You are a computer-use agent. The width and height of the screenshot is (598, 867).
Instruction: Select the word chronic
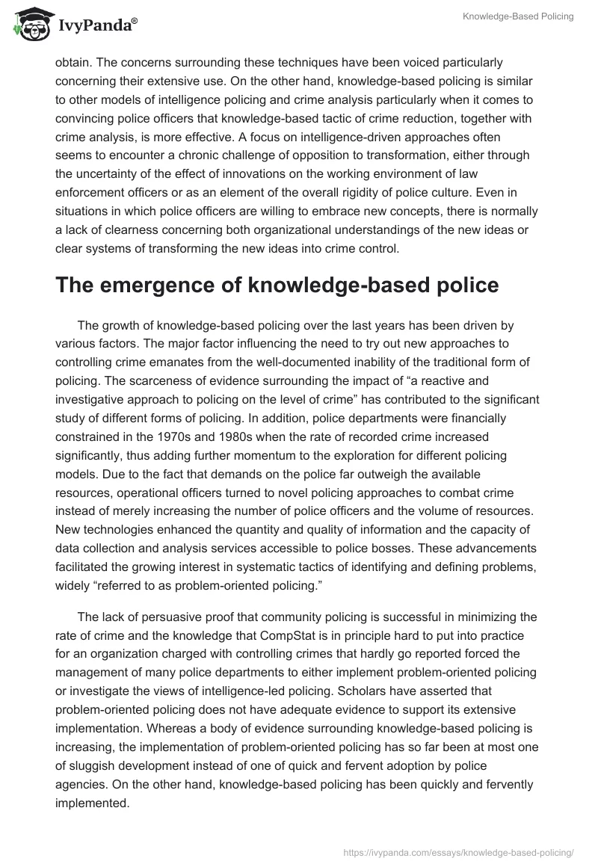tap(228, 155)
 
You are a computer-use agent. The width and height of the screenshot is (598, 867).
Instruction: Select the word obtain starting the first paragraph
tap(74, 64)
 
